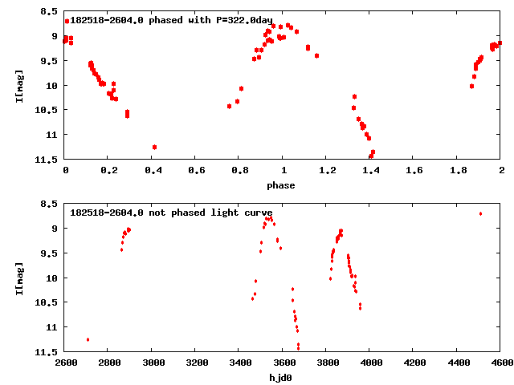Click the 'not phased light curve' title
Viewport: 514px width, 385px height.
tap(171, 213)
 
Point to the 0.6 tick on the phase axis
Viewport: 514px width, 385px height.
tap(195, 170)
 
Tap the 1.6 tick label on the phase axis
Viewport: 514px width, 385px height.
tap(414, 170)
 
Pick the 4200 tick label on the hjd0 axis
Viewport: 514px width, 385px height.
tap(414, 363)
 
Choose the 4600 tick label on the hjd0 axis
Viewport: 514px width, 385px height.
tap(500, 363)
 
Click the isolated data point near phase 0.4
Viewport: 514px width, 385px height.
tap(154, 147)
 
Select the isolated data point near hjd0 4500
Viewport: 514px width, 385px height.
tap(480, 213)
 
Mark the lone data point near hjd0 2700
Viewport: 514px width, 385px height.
tap(88, 339)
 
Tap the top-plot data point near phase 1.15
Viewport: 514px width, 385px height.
tap(316, 55)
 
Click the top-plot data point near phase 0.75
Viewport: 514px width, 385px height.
tap(230, 106)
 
